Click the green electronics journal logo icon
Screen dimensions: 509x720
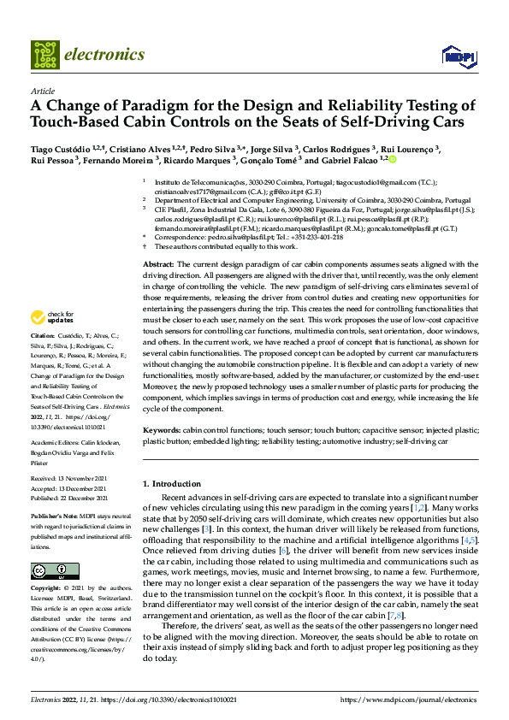tap(45, 54)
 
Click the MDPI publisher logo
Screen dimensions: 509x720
tap(458, 57)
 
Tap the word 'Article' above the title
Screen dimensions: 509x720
tap(42, 91)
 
